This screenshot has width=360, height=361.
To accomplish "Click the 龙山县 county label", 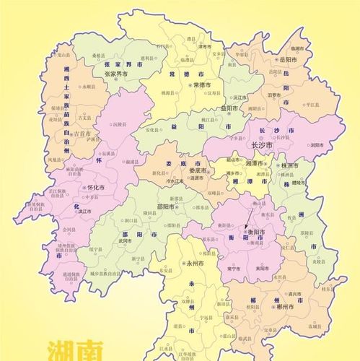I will point(64,56).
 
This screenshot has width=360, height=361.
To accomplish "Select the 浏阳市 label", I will point(316,144).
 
